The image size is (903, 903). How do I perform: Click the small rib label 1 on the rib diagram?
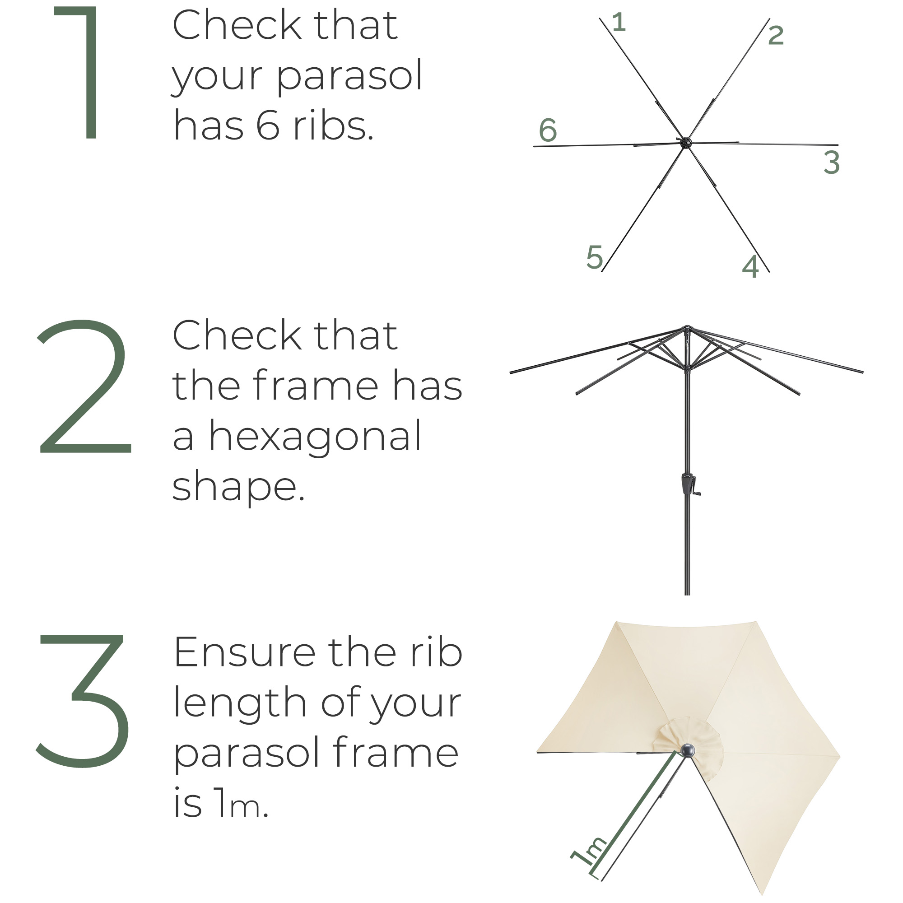pos(619,22)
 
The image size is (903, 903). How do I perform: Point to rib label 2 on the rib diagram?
pos(776,35)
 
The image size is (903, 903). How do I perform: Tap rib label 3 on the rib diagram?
pos(832,162)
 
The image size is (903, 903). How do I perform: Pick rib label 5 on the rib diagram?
pos(595,257)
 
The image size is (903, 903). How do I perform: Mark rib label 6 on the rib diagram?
pos(548,130)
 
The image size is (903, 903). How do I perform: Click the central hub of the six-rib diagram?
pos(685,143)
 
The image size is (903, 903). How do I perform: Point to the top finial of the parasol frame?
pos(687,327)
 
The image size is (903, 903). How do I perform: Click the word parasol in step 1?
pos(349,76)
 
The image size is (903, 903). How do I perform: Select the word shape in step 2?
pos(238,487)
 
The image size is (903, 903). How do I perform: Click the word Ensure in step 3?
pos(245,653)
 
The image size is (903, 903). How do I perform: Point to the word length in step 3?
pos(240,703)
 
